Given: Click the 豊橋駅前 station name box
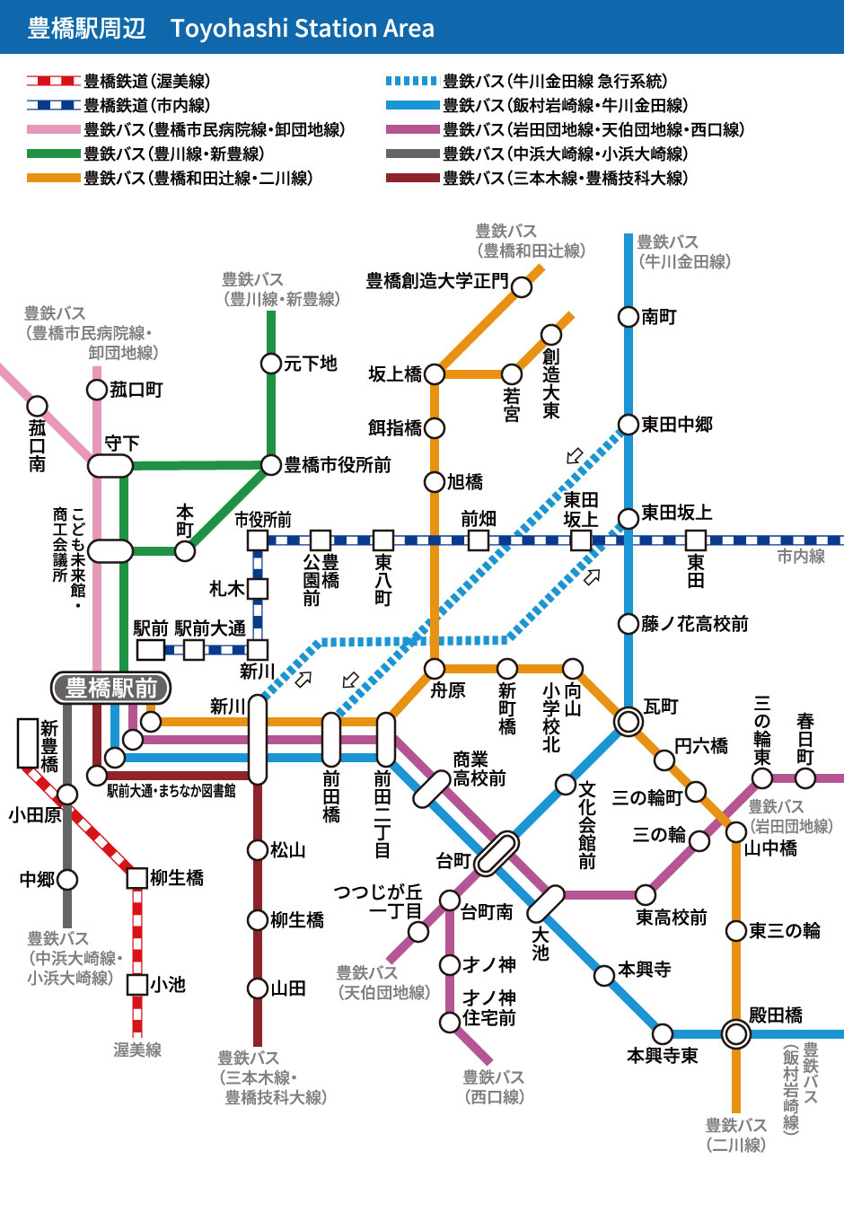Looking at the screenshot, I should click(x=111, y=688).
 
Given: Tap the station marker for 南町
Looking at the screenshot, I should click(x=629, y=316).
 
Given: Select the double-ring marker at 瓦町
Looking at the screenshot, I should click(x=629, y=721).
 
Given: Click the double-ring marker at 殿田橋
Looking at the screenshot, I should click(x=736, y=1034).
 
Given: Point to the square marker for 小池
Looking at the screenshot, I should click(x=137, y=985).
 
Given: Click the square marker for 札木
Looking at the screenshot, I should click(x=258, y=589).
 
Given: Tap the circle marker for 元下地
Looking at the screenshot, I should click(x=271, y=364).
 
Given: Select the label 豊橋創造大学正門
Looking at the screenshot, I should click(x=437, y=282).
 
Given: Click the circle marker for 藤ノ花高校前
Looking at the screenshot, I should click(x=629, y=623).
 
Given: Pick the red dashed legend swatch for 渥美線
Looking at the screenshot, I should click(x=53, y=81).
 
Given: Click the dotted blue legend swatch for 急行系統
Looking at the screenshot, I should click(x=412, y=81).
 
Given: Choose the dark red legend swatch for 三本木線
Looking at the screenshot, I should click(x=412, y=178).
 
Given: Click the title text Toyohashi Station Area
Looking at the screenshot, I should click(x=303, y=29).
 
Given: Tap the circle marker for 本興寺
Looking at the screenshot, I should click(x=605, y=975).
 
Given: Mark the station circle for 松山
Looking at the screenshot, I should click(x=258, y=849).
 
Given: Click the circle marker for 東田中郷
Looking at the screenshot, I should click(x=629, y=425).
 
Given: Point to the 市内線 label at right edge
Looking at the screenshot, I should click(x=801, y=557).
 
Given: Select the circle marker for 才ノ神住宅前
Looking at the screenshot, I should click(x=450, y=1022).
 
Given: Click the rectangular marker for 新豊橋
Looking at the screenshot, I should click(x=28, y=743).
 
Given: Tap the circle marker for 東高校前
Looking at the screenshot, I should click(x=646, y=894).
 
